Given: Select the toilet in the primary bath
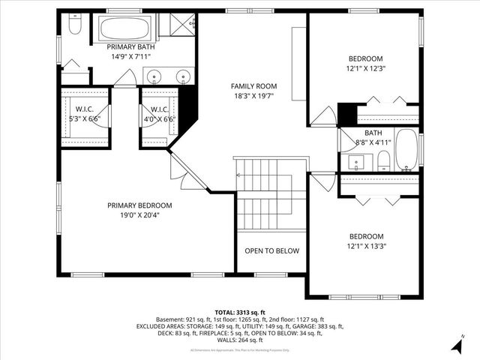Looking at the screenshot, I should pos(74,27).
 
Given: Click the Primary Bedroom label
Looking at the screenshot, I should pos(139,205).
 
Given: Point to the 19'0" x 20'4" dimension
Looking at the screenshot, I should pos(139,215).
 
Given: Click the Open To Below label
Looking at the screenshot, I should pos(271,251).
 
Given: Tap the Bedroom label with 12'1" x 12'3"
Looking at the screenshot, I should pos(365,58).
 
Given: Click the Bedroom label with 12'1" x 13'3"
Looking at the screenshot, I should pos(365,235).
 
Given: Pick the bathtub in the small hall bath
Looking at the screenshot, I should pos(406,148).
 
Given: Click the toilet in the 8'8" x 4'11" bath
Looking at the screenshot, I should pos(383,160).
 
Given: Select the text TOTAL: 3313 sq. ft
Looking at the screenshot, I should pos(240,312).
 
